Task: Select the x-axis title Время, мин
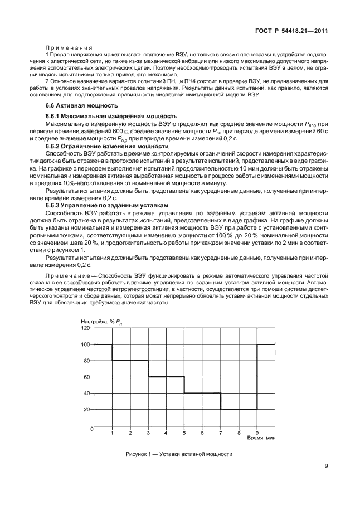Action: click(261, 438)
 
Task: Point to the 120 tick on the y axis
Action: click(85, 328)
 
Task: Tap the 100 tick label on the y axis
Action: click(85, 345)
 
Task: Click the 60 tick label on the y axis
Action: click(86, 377)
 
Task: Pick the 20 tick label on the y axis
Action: click(86, 409)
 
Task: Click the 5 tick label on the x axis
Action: click(184, 433)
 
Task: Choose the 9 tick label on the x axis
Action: click(257, 433)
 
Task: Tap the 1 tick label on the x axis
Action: click(112, 433)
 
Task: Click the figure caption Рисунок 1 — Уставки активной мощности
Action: click(179, 454)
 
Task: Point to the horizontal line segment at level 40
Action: click(202, 393)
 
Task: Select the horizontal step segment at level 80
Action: click(130, 360)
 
